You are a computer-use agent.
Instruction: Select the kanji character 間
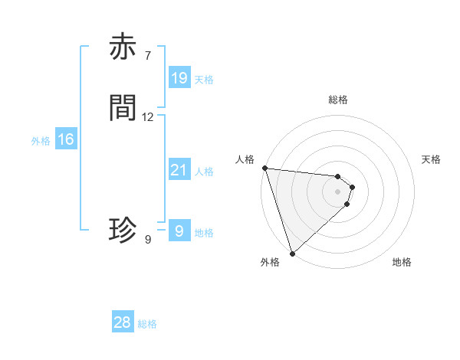click(123, 108)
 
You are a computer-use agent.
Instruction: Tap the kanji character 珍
click(123, 230)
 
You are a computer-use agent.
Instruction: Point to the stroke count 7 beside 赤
click(147, 56)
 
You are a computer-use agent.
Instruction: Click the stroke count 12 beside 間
click(147, 117)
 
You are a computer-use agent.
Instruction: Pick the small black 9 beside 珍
click(147, 240)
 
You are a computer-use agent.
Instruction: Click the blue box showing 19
click(179, 78)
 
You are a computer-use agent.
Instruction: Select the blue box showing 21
click(179, 170)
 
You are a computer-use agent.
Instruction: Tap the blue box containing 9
click(179, 231)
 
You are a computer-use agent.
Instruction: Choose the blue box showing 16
click(66, 139)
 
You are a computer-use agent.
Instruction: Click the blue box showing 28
click(123, 322)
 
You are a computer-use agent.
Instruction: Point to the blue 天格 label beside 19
click(204, 80)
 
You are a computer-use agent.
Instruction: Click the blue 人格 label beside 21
click(204, 172)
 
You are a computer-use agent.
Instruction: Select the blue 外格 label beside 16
click(41, 141)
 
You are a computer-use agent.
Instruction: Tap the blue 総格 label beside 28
click(148, 324)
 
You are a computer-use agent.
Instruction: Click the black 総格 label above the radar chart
click(338, 100)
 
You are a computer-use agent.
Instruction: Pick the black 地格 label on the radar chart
click(402, 262)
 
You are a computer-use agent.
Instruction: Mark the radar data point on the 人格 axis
click(264, 168)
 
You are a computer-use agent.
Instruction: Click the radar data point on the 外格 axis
click(292, 254)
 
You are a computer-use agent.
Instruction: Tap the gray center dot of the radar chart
click(338, 191)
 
